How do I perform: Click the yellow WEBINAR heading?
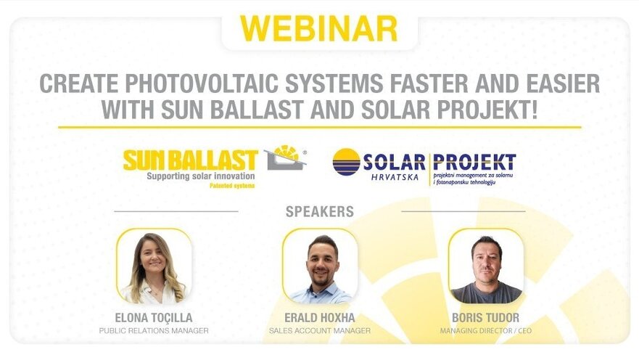[318, 28]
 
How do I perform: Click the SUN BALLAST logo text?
[191, 160]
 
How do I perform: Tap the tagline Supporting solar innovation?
[201, 176]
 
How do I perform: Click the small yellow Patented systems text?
[232, 186]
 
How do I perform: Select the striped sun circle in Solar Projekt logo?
[346, 162]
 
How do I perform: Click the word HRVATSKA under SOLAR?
[395, 177]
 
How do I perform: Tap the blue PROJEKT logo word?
[474, 163]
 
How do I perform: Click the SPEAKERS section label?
[320, 212]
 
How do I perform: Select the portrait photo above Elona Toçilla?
[154, 266]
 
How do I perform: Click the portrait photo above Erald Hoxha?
[320, 266]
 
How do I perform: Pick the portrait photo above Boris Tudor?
[486, 266]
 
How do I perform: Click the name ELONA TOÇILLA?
[154, 318]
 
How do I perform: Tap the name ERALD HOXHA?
[320, 318]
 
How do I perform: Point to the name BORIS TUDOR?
[486, 318]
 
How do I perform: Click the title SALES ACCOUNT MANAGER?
[320, 331]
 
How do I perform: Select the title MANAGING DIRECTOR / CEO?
[486, 331]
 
